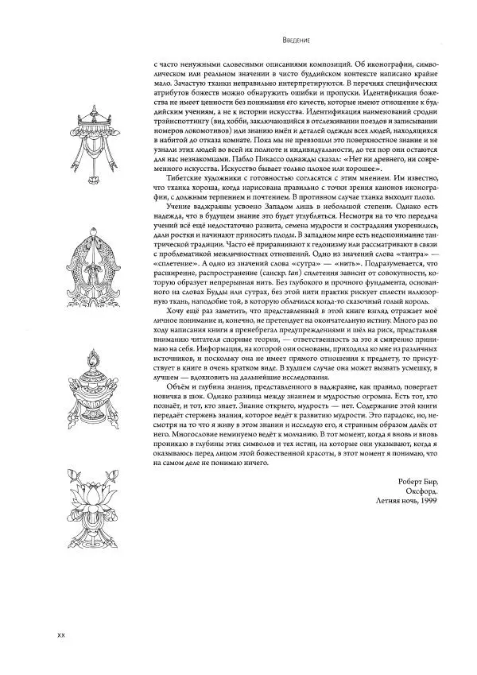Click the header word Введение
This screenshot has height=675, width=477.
point(297,38)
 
